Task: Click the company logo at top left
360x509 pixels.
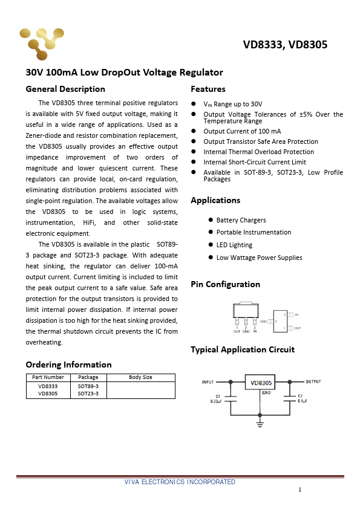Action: pyautogui.click(x=41, y=43)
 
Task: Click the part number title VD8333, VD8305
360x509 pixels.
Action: pyautogui.click(x=285, y=45)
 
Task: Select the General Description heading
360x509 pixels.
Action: pyautogui.click(x=65, y=89)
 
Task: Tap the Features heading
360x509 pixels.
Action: pyautogui.click(x=208, y=89)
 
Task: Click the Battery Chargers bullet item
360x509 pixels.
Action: pyautogui.click(x=241, y=220)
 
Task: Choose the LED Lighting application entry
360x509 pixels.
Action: pyautogui.click(x=234, y=245)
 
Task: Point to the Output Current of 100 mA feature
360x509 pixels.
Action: pyautogui.click(x=242, y=131)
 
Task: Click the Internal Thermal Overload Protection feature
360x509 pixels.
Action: pyautogui.click(x=258, y=152)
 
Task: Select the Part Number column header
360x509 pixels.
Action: pyautogui.click(x=48, y=377)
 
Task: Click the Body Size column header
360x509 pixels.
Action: pyautogui.click(x=140, y=377)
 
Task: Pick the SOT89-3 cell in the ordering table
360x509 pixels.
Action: pyautogui.click(x=88, y=386)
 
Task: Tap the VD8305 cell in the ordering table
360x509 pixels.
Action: pyautogui.click(x=48, y=394)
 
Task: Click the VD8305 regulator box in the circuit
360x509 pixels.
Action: pyautogui.click(x=261, y=382)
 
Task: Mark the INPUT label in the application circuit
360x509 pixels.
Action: pyautogui.click(x=208, y=382)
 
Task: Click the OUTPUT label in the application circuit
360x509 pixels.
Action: pyautogui.click(x=313, y=382)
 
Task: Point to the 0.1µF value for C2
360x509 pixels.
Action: pyautogui.click(x=301, y=401)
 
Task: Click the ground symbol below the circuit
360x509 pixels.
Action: pyautogui.click(x=260, y=424)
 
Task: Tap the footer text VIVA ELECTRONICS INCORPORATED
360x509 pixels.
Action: pyautogui.click(x=180, y=482)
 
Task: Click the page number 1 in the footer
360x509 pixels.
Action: pyautogui.click(x=299, y=490)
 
